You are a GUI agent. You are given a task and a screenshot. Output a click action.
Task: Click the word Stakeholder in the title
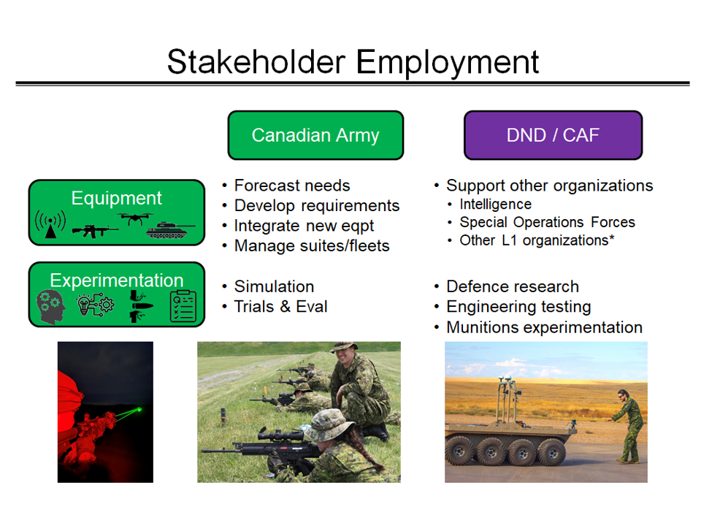click(x=256, y=61)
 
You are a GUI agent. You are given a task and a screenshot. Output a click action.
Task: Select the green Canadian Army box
click(x=315, y=135)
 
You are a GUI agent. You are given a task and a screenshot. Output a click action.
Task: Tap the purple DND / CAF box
click(x=553, y=135)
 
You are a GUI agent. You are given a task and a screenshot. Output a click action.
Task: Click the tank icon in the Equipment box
click(x=170, y=230)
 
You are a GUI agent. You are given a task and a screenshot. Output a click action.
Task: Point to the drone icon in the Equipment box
click(x=134, y=218)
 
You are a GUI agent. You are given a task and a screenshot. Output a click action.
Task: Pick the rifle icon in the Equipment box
click(x=95, y=231)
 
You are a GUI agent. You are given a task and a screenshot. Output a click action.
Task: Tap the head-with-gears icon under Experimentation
click(x=50, y=306)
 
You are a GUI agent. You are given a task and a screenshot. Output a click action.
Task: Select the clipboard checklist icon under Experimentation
click(x=183, y=306)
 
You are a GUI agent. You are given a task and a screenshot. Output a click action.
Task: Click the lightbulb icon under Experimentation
click(x=83, y=305)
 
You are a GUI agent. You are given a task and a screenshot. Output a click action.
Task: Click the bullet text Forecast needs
click(x=292, y=185)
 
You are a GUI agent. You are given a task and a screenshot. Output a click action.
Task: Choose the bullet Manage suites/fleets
click(x=312, y=245)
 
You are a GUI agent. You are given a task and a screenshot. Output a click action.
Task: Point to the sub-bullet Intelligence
click(x=495, y=204)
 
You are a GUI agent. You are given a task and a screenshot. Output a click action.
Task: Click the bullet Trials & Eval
click(x=280, y=306)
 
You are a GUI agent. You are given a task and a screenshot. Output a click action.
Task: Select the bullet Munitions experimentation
click(x=544, y=327)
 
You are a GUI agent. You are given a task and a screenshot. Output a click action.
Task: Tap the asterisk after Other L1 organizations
click(x=612, y=237)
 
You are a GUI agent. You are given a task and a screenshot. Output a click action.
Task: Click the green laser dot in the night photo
click(x=139, y=409)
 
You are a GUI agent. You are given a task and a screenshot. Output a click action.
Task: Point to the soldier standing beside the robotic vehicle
click(x=629, y=426)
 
